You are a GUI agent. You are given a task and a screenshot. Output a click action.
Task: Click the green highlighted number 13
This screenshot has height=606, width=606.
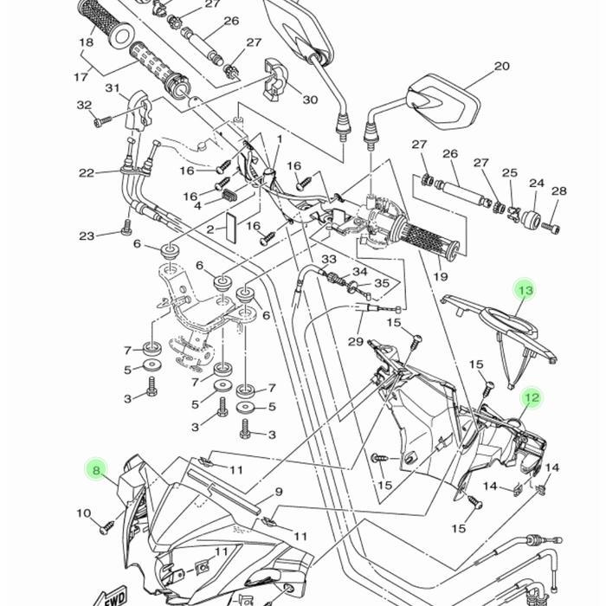525,290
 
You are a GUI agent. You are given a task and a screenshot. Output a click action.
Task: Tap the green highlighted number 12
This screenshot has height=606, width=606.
531,398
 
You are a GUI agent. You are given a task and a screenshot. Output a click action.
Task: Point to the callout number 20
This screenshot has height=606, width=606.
501,67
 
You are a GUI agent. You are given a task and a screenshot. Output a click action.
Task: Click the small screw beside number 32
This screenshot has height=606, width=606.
104,121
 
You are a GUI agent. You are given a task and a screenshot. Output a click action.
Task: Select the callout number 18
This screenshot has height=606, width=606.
87,42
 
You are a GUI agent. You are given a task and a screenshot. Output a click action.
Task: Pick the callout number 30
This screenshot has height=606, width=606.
310,100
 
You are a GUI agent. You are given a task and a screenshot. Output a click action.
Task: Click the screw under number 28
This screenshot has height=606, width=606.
555,228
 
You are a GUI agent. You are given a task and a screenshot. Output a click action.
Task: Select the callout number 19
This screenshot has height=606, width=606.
440,277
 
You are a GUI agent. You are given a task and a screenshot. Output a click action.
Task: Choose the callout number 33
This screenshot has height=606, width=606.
329,260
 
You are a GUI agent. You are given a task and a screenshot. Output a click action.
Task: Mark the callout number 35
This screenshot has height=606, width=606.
382,283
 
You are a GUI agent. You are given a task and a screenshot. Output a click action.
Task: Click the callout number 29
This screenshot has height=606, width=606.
355,341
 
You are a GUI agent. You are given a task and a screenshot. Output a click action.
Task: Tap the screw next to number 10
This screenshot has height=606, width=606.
108,525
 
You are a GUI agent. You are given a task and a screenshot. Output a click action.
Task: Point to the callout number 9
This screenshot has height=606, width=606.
279,492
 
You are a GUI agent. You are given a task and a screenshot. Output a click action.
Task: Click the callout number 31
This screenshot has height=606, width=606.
113,88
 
